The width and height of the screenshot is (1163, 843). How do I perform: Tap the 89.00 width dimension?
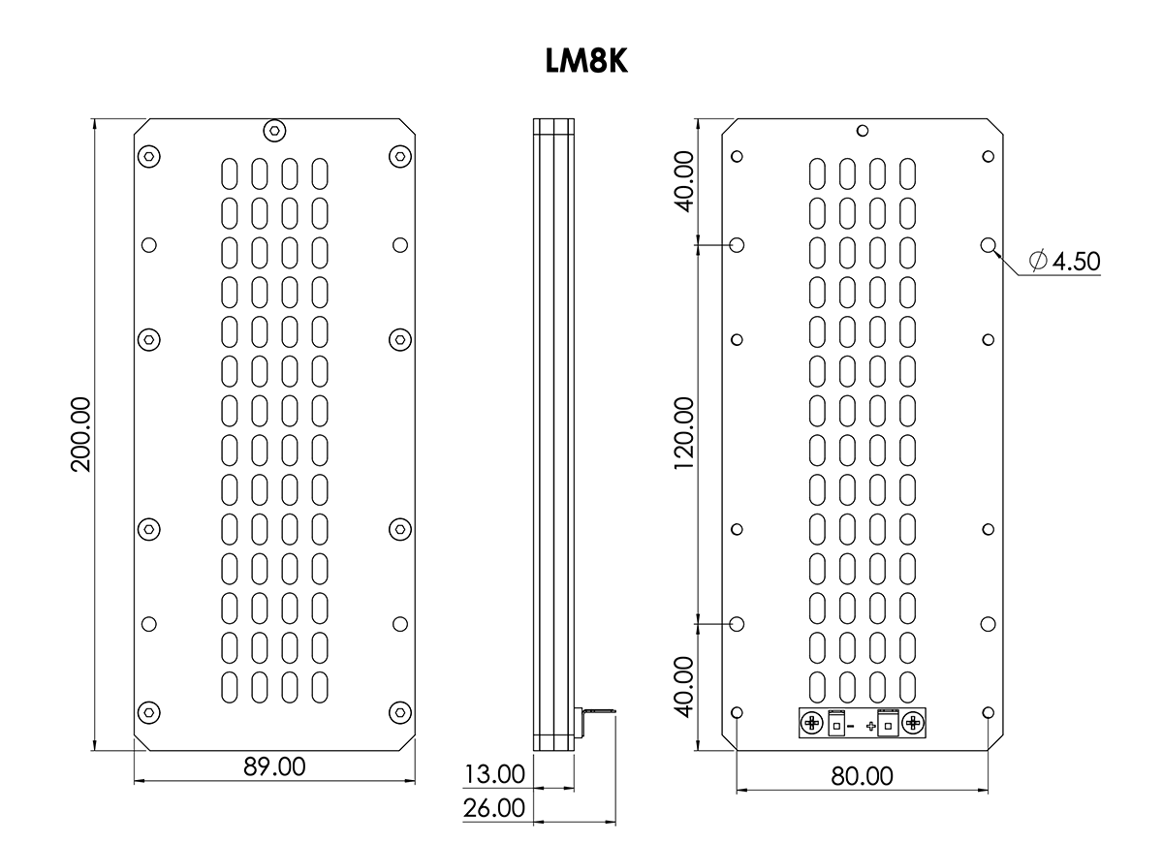pos(273,766)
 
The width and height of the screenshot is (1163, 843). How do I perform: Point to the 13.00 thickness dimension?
pos(494,774)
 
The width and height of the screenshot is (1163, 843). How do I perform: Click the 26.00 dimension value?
pos(494,807)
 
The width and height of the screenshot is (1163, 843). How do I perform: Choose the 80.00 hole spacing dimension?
pos(862,776)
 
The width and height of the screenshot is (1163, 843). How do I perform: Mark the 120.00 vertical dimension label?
pos(684,433)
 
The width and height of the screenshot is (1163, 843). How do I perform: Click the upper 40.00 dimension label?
pos(684,180)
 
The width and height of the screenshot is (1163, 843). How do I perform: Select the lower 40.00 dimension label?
pos(684,686)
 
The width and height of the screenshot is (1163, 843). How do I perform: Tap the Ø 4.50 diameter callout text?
pos(1064,262)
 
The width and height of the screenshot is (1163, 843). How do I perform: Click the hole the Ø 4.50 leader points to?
pos(988,245)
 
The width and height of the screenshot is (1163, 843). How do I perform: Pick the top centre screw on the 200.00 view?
pos(274,130)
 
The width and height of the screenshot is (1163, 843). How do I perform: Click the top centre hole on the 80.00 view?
pos(863,130)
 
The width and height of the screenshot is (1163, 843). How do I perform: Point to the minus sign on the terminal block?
pos(850,726)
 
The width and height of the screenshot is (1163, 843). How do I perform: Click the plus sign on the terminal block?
pos(871,726)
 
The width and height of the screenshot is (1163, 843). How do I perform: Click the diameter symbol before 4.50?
pos(1037,262)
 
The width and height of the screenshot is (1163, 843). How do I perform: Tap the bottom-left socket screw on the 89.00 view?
pos(148,712)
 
